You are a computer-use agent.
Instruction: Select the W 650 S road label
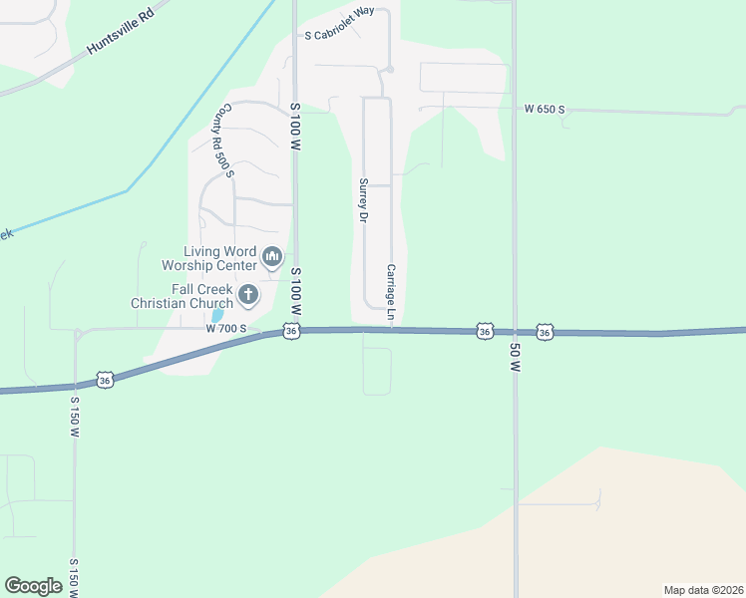click(545, 109)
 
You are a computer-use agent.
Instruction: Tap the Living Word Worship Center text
click(208, 259)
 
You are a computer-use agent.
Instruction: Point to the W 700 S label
click(225, 328)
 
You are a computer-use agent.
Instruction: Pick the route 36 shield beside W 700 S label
click(290, 330)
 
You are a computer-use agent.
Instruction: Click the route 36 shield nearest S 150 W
click(106, 379)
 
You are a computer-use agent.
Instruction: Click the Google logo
click(33, 586)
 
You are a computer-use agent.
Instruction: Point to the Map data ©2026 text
click(703, 590)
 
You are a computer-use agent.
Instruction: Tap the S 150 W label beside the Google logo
click(75, 577)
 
